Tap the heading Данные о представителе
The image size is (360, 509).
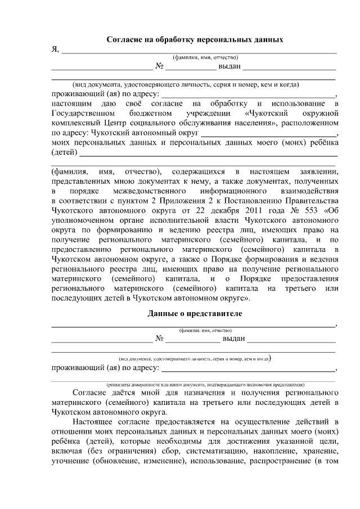[195, 313]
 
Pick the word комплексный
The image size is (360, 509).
[75, 123]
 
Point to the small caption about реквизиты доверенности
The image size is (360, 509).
[194, 382]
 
